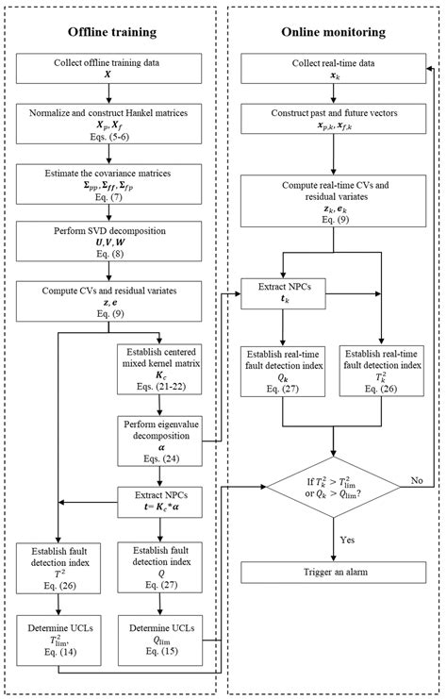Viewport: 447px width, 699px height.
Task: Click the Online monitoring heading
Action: [x=334, y=32]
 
